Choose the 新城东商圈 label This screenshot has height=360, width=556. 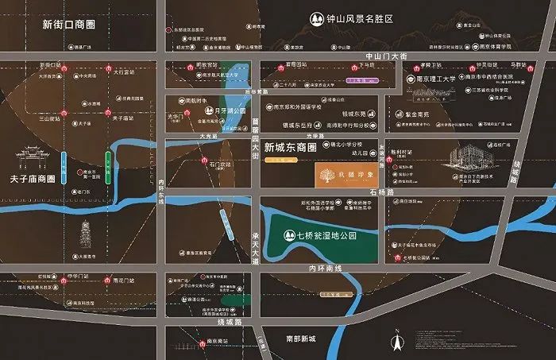click(290, 148)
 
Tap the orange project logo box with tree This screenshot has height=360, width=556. click(340, 173)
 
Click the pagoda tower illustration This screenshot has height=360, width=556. click(85, 236)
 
